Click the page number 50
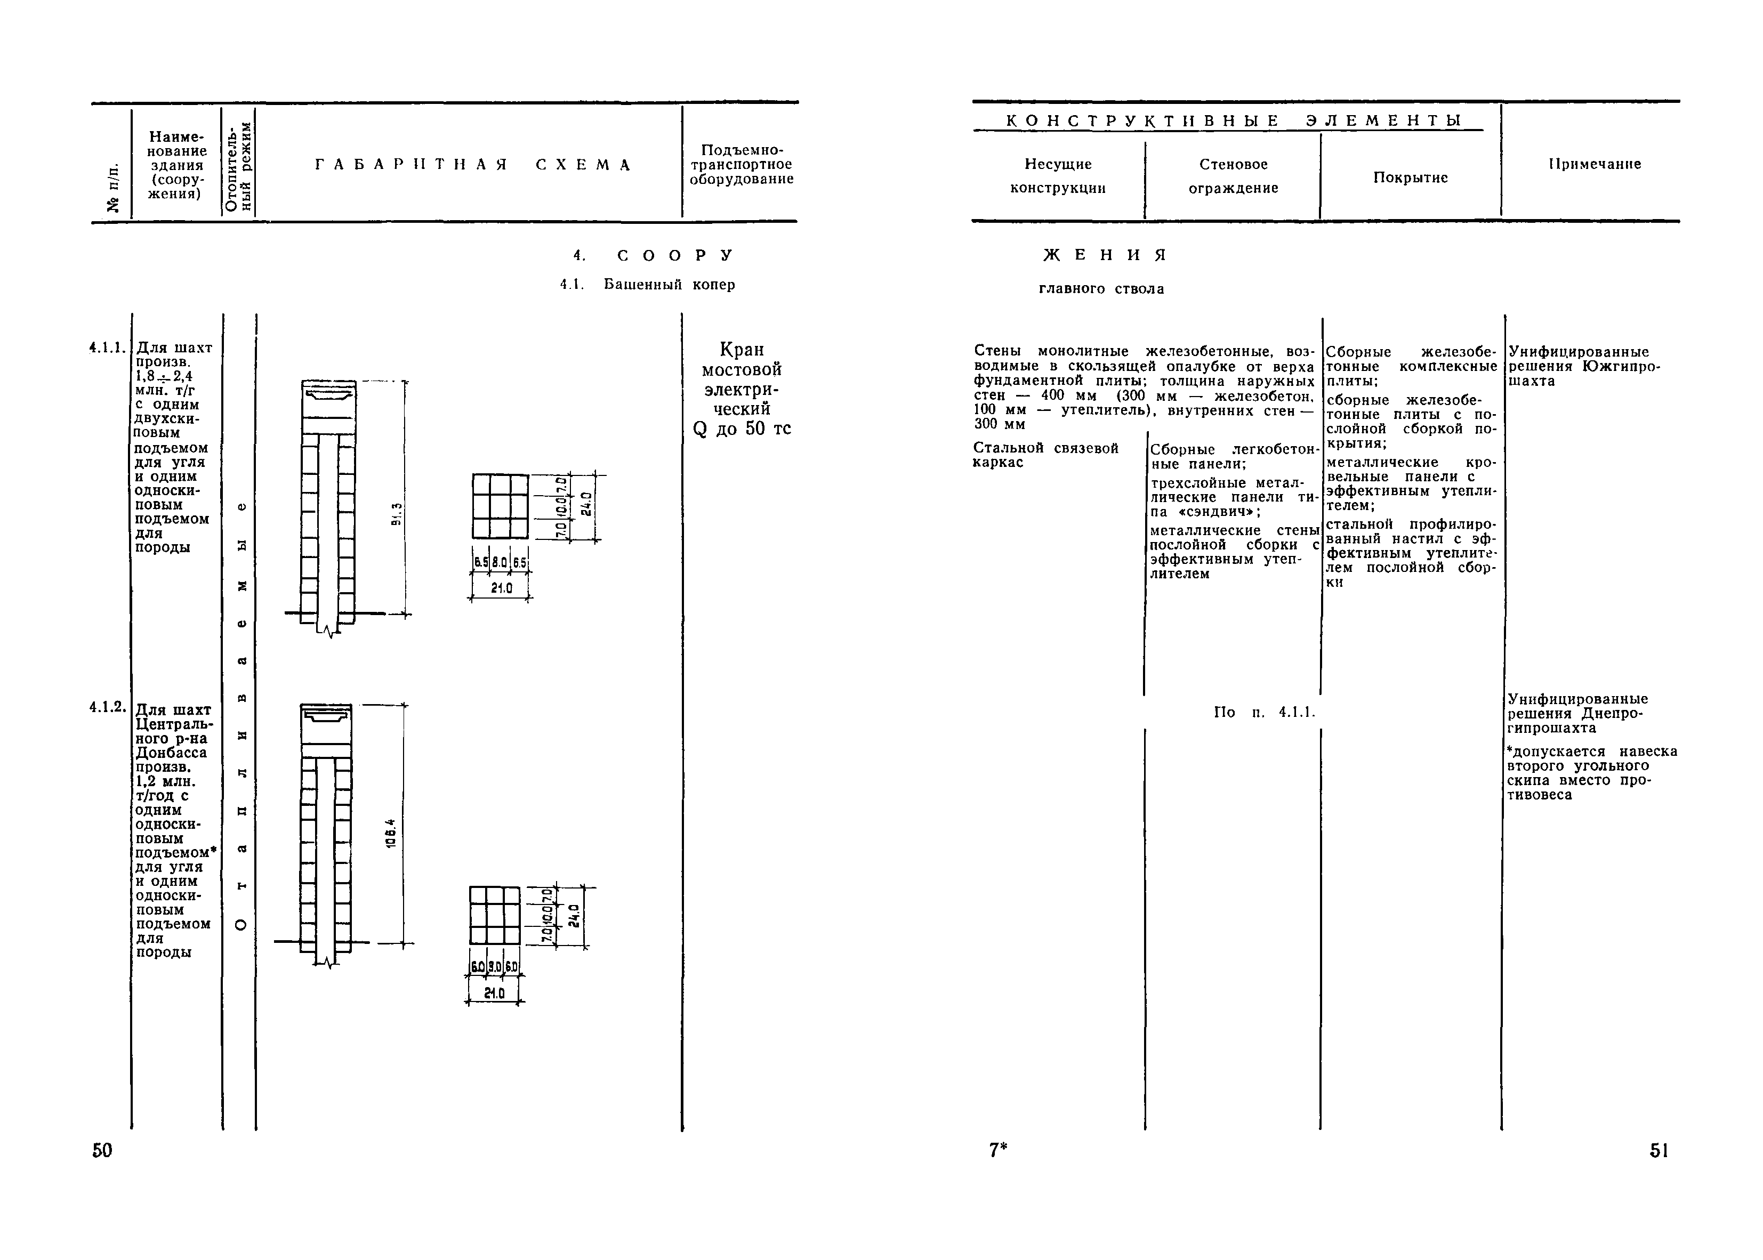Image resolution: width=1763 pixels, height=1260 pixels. point(102,1150)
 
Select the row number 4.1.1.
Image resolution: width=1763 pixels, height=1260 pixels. point(107,347)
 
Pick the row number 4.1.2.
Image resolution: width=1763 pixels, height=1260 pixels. point(107,707)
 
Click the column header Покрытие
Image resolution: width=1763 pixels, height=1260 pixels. point(1410,177)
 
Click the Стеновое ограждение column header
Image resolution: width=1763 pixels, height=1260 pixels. point(1233,176)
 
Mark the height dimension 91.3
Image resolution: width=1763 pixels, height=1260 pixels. point(397,514)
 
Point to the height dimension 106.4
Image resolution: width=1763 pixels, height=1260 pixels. point(392,833)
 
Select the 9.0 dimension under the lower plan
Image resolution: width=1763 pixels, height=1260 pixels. point(494,967)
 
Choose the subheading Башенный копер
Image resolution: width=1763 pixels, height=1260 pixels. point(669,285)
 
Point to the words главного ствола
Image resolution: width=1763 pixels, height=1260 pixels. point(1101,289)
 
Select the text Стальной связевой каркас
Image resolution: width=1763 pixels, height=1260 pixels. point(1045,455)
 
